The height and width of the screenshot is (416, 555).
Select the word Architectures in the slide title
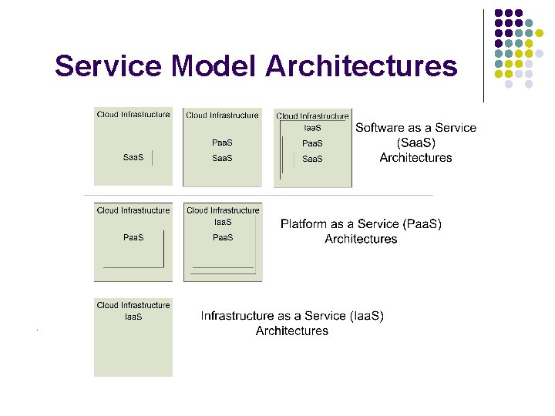tap(361, 67)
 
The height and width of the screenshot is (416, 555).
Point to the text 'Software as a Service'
tap(415, 128)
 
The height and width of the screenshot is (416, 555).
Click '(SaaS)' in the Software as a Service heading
tap(415, 143)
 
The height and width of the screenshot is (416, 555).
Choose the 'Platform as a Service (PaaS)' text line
tap(361, 224)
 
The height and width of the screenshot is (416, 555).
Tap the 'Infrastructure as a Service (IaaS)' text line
tap(292, 316)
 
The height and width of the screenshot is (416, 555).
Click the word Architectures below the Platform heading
tap(361, 239)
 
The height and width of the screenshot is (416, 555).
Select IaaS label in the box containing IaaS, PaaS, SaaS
tap(312, 128)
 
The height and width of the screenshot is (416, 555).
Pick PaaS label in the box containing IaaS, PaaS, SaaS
tap(312, 143)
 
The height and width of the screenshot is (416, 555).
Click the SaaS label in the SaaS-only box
tap(133, 158)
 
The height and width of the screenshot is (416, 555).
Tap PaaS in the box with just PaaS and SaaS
tap(223, 143)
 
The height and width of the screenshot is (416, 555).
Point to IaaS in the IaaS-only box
tap(133, 317)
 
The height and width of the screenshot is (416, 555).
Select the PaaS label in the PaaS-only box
tap(133, 237)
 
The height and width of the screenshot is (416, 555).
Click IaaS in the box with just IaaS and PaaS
tap(223, 222)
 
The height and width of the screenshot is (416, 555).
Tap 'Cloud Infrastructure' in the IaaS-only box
tap(133, 305)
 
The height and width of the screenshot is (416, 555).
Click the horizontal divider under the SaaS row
tap(258, 195)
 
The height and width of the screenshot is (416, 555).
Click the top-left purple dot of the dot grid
tap(499, 13)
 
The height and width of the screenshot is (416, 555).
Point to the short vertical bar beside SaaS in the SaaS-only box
tap(153, 158)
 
